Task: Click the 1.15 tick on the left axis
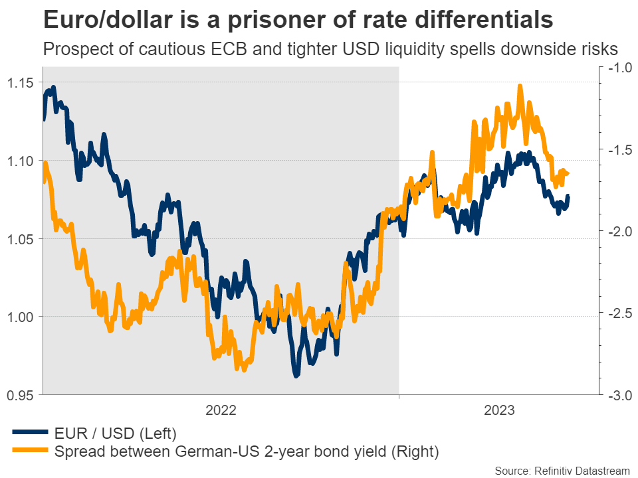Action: (x=20, y=83)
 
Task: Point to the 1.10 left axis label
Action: (x=20, y=161)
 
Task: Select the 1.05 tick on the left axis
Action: (x=20, y=238)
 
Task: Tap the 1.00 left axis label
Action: (x=20, y=317)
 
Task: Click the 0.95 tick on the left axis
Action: (x=20, y=395)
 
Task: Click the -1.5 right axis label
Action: (x=617, y=151)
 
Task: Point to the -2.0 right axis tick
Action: (x=617, y=231)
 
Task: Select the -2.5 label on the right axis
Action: (x=617, y=313)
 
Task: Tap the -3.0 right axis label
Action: (x=617, y=395)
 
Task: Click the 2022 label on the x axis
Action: (x=221, y=410)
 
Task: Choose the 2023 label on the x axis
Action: (x=499, y=410)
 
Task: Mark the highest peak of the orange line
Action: (x=520, y=86)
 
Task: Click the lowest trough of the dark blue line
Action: (x=296, y=376)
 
